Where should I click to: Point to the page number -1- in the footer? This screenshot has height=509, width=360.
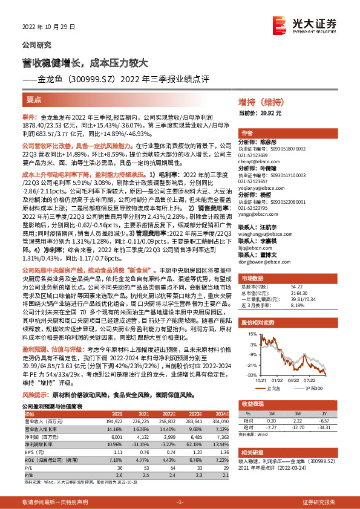[180, 501]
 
